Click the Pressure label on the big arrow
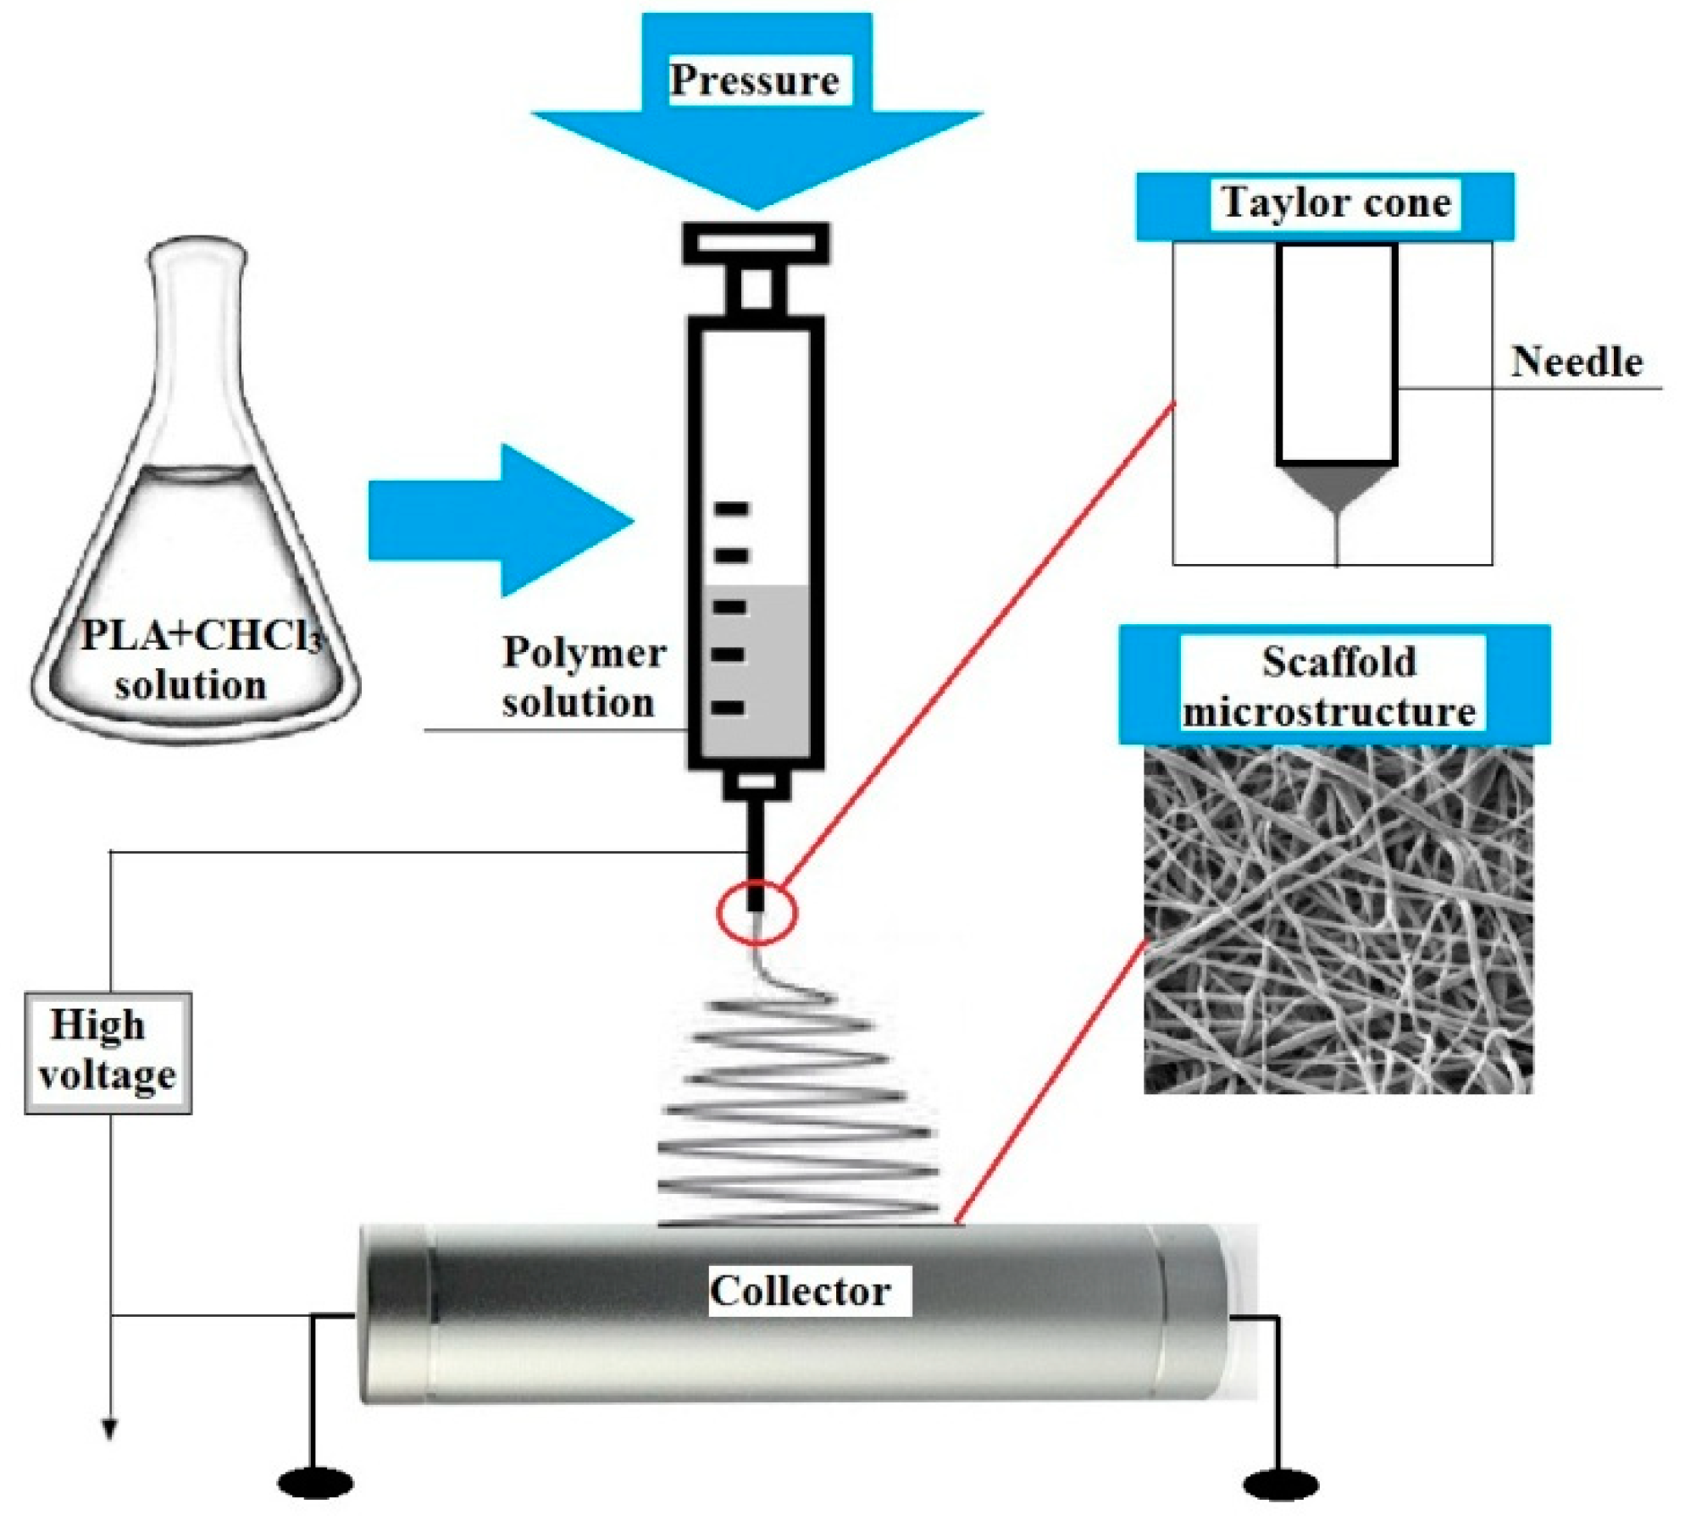(x=753, y=80)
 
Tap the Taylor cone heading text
(x=1335, y=203)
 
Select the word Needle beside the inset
(x=1576, y=362)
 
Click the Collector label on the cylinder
(x=800, y=1291)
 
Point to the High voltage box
(x=108, y=1053)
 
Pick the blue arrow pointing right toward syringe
(x=500, y=520)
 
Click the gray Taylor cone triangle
(x=1336, y=487)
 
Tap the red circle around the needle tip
(x=757, y=913)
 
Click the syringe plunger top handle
(x=756, y=242)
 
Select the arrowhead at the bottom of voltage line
(x=109, y=1429)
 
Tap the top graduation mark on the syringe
(x=730, y=509)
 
